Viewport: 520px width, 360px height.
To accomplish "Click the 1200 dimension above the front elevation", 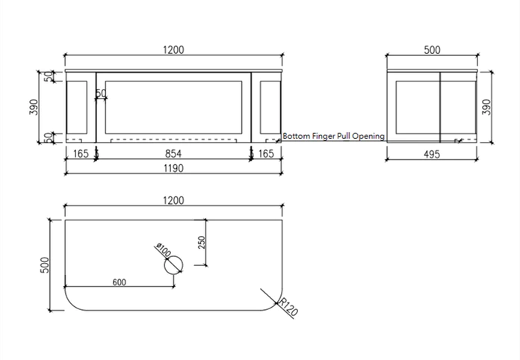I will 173,49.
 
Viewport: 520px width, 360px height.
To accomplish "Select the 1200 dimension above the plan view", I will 173,200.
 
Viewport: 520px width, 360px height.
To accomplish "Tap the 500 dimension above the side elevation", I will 432,50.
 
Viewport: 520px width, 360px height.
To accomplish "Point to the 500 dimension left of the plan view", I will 44,263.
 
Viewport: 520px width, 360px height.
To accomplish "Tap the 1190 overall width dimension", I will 173,169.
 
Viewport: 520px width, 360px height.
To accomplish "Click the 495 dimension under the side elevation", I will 432,154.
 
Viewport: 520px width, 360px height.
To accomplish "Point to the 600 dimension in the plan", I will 118,282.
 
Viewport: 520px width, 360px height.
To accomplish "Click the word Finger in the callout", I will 323,137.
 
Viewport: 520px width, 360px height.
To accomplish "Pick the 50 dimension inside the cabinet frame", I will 102,93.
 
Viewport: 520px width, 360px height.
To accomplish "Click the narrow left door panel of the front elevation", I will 78,108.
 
